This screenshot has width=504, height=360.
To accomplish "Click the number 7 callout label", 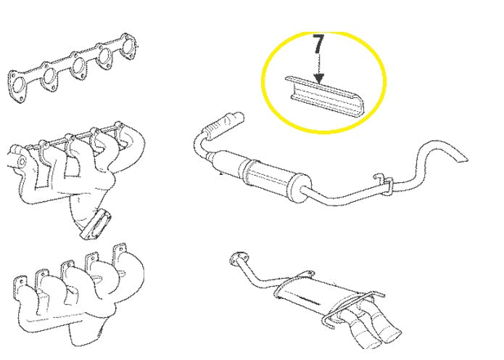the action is (318, 44).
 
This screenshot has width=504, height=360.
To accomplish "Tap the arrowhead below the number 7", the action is (318, 79).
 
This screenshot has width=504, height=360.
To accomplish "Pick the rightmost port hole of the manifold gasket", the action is (129, 46).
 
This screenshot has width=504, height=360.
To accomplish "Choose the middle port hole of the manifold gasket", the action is (78, 67).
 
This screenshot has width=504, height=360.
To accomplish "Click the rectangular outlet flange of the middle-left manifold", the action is (96, 225).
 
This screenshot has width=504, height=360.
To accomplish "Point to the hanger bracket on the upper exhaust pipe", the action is (383, 184).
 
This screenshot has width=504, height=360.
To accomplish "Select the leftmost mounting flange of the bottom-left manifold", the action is (20, 284).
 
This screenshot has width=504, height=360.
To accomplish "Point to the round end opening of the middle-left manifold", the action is (21, 161).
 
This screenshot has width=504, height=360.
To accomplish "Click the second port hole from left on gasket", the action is (50, 76).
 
